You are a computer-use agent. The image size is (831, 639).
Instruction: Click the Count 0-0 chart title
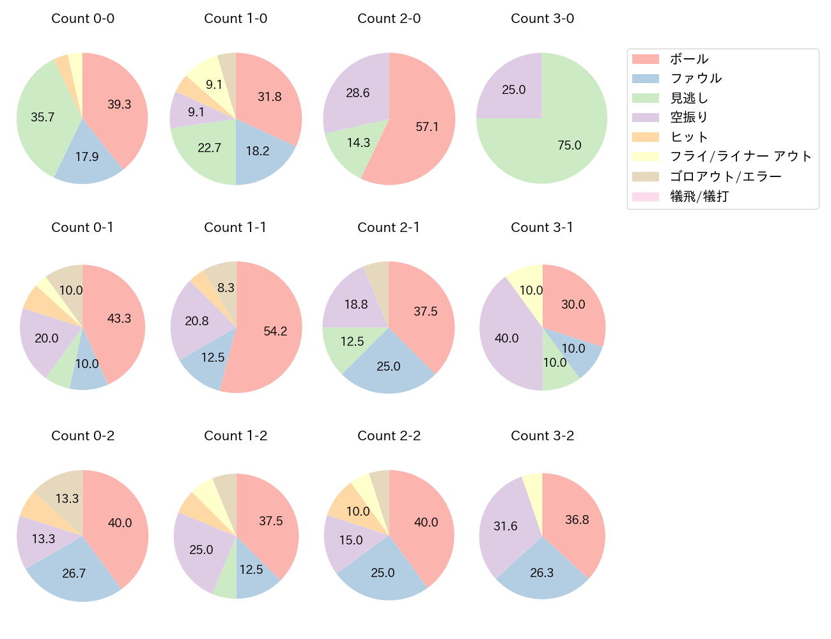click(x=82, y=19)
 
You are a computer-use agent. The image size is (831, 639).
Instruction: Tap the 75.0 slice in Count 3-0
click(x=563, y=141)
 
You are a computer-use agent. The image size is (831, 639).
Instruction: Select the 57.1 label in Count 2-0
click(x=427, y=127)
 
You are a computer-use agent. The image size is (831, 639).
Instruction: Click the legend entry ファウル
click(x=695, y=79)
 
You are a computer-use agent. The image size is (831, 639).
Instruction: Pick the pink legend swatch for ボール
click(x=645, y=59)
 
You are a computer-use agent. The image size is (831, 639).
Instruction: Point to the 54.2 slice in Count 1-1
click(x=272, y=332)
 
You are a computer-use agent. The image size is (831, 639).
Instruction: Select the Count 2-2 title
click(x=389, y=436)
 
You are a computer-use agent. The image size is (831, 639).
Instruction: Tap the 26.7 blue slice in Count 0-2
click(x=75, y=572)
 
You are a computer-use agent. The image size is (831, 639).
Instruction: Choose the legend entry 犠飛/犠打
click(x=699, y=196)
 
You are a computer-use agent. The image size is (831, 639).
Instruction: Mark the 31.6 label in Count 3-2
click(x=505, y=526)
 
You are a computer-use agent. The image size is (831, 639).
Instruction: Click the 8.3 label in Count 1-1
click(x=226, y=288)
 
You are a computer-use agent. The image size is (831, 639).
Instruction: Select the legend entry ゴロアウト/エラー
click(x=725, y=176)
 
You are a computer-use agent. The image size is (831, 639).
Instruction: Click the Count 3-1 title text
click(x=542, y=227)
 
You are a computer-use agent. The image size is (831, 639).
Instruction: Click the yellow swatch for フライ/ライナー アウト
click(x=645, y=157)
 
